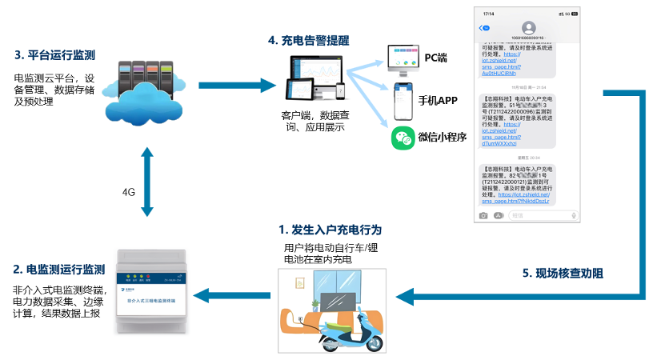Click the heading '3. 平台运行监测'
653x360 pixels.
pyautogui.click(x=55, y=55)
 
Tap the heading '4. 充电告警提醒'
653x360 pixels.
pyautogui.click(x=308, y=39)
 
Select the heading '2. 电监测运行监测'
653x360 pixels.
pyautogui.click(x=59, y=269)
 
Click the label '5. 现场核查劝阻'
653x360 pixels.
pyautogui.click(x=563, y=273)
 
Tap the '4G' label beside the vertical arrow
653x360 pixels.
pyautogui.click(x=128, y=193)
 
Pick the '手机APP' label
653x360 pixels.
pyautogui.click(x=438, y=100)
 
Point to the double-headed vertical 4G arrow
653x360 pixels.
pyautogui.click(x=146, y=182)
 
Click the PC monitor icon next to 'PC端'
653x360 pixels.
pyautogui.click(x=403, y=58)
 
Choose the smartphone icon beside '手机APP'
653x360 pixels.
pyautogui.click(x=402, y=99)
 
